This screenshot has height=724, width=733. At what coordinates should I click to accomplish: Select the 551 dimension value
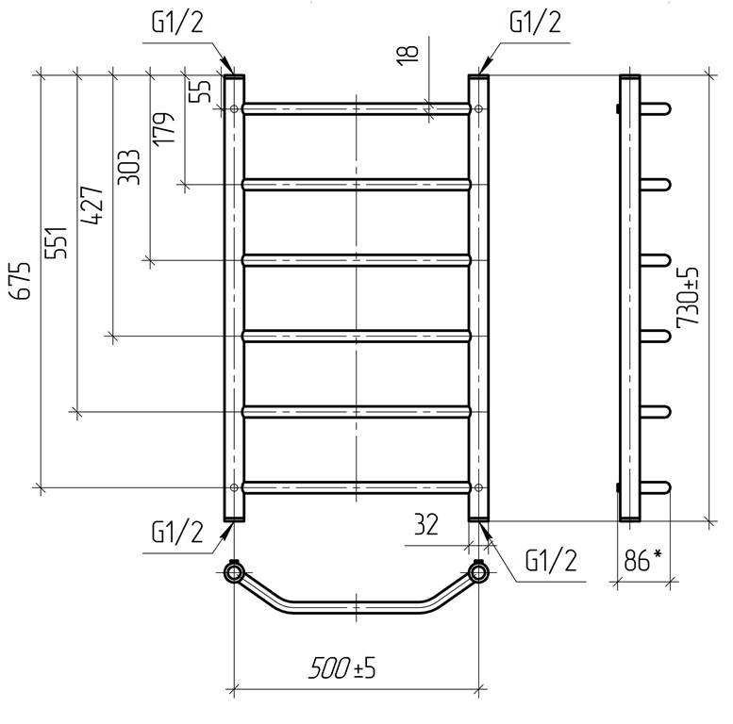(57, 243)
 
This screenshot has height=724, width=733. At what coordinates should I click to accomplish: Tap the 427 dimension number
(92, 206)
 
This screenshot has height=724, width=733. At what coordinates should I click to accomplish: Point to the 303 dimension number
(129, 167)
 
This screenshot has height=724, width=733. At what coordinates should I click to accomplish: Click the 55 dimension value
(203, 91)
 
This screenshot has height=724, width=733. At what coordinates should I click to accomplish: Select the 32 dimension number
(426, 524)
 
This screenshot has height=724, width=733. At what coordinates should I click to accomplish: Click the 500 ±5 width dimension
(342, 668)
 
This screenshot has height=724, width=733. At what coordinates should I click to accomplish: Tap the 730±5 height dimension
(688, 297)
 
